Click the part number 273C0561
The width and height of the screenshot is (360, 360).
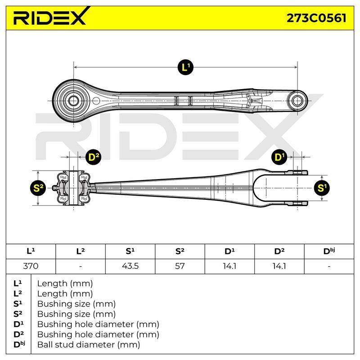click(x=316, y=18)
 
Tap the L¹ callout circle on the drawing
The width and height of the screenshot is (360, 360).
click(x=185, y=67)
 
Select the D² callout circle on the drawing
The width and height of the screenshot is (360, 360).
click(x=93, y=157)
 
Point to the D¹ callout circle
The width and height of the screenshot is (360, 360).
click(x=279, y=157)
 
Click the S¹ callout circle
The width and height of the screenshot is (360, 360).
click(x=322, y=188)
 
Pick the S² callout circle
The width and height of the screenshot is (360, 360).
click(x=38, y=188)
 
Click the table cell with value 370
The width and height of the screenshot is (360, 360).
click(x=31, y=266)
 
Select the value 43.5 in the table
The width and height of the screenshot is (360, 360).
click(x=130, y=266)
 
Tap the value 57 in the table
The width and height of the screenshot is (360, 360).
click(x=180, y=266)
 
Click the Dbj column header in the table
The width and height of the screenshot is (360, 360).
click(x=329, y=251)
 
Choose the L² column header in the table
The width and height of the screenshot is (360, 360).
click(x=81, y=251)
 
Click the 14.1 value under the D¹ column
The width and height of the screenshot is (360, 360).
click(x=229, y=266)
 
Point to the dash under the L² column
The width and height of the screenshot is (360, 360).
click(x=81, y=266)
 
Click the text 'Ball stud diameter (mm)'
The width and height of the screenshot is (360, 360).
click(x=89, y=345)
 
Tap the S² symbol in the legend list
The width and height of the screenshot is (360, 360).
click(x=18, y=314)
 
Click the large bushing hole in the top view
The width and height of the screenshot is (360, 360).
click(x=73, y=100)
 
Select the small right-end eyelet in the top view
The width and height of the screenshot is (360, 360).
click(x=297, y=101)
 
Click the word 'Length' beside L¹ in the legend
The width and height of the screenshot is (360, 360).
click(x=52, y=284)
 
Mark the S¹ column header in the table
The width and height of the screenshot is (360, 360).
click(x=130, y=251)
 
